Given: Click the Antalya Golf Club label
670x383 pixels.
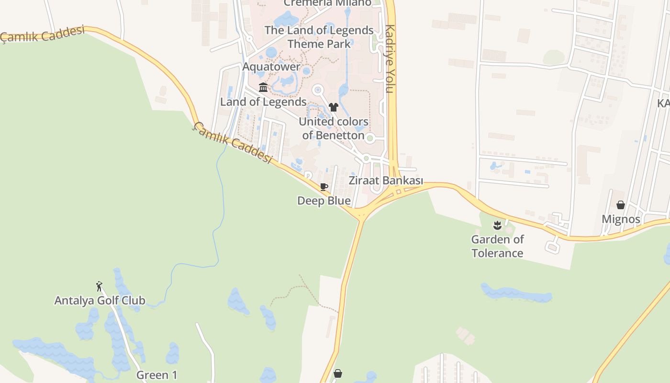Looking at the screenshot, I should click(x=100, y=301).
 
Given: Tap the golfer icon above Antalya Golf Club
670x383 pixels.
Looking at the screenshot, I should click(x=99, y=286).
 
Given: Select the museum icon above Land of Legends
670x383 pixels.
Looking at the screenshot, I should click(x=263, y=87).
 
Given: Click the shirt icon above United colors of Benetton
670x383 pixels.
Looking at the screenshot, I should click(x=334, y=107).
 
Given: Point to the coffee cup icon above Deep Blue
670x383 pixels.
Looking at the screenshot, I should click(x=324, y=187).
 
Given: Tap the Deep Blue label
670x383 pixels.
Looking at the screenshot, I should click(x=324, y=201).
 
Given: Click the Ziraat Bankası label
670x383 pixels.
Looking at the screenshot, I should click(x=386, y=180).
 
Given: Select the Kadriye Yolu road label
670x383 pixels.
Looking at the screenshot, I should click(x=390, y=58).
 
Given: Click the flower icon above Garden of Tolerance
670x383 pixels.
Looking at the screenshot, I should click(x=497, y=225).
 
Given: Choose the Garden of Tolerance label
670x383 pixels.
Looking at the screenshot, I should click(x=497, y=246).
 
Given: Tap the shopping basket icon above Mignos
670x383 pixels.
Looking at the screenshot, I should click(x=621, y=205).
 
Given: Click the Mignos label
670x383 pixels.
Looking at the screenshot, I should click(x=621, y=219).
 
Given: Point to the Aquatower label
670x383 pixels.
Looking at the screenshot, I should click(x=271, y=67).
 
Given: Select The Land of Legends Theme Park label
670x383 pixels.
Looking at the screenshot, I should click(x=319, y=37).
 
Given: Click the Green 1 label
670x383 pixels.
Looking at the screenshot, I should click(x=157, y=375).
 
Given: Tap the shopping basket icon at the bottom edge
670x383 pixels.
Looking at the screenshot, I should click(x=338, y=373).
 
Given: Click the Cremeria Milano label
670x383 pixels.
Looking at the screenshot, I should click(x=327, y=3).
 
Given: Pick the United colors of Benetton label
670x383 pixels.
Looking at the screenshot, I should click(x=334, y=128).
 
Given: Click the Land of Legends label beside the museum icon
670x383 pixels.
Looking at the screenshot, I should click(x=263, y=101).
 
